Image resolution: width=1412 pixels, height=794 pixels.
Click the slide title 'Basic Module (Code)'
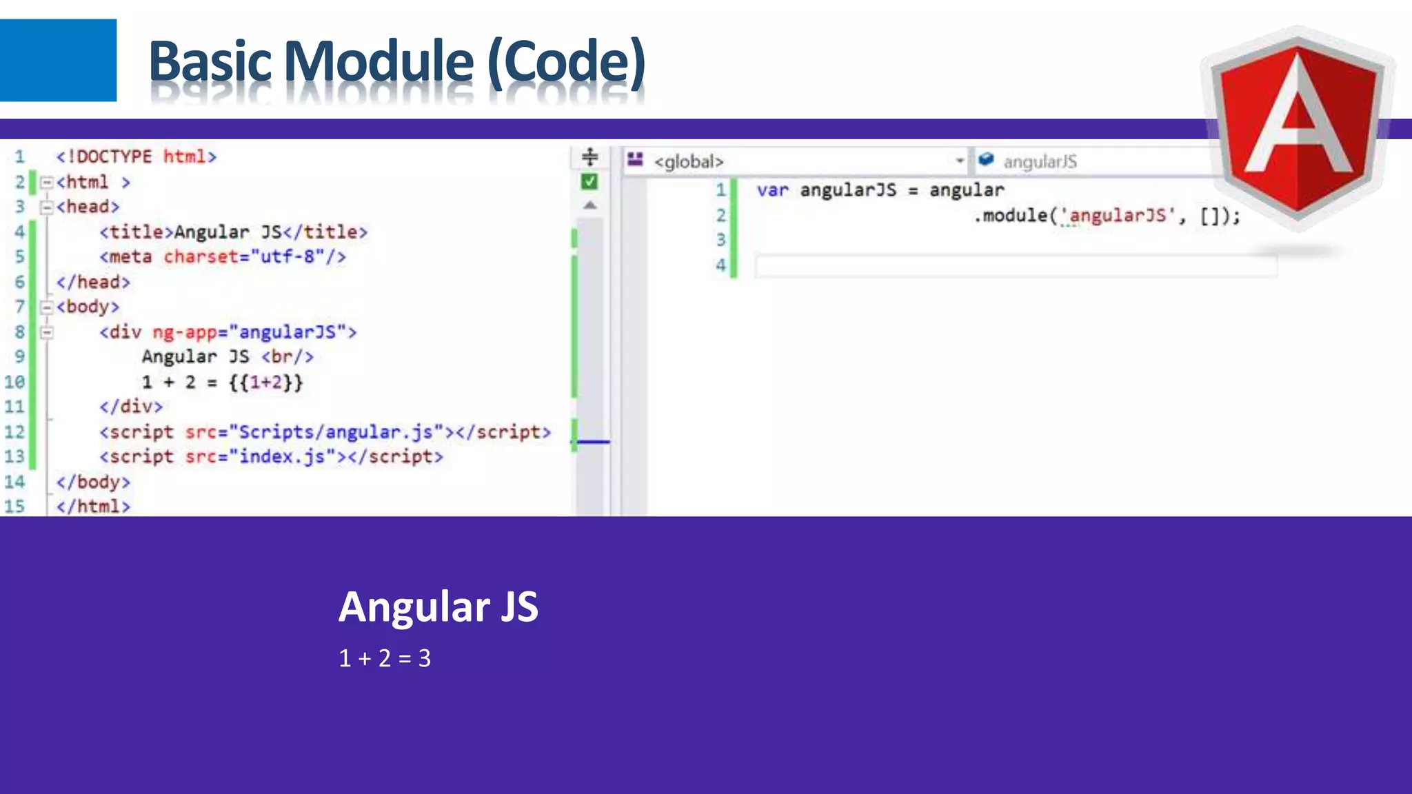[x=396, y=62]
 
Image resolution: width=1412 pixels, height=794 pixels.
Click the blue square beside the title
[x=58, y=60]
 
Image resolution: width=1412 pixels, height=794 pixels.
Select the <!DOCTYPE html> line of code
[x=136, y=157]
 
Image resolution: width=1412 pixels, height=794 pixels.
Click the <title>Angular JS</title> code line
[x=233, y=232]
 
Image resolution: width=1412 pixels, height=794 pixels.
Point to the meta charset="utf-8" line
[x=222, y=257]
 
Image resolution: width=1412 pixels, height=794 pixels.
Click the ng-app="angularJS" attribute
[x=254, y=332]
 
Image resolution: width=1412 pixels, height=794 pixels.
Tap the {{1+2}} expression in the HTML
[x=265, y=382]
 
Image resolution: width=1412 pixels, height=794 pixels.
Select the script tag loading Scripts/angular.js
[x=325, y=432]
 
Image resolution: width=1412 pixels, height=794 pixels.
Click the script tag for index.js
[x=271, y=457]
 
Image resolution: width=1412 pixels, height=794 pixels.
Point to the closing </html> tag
[x=93, y=507]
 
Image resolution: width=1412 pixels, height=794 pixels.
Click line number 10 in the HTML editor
[x=14, y=382]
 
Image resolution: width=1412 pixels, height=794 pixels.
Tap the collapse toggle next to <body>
[x=46, y=307]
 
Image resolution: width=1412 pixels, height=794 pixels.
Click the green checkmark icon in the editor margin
[x=589, y=182]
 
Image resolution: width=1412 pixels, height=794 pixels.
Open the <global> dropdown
[x=959, y=161]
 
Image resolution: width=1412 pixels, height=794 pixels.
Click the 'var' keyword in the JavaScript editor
[x=772, y=190]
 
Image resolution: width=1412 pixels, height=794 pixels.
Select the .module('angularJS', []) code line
[x=1106, y=216]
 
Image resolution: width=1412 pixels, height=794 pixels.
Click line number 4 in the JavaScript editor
[x=720, y=265]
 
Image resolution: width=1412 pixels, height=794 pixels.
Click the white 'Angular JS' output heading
[x=438, y=607]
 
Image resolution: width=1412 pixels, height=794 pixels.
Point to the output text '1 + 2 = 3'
[x=385, y=658]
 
